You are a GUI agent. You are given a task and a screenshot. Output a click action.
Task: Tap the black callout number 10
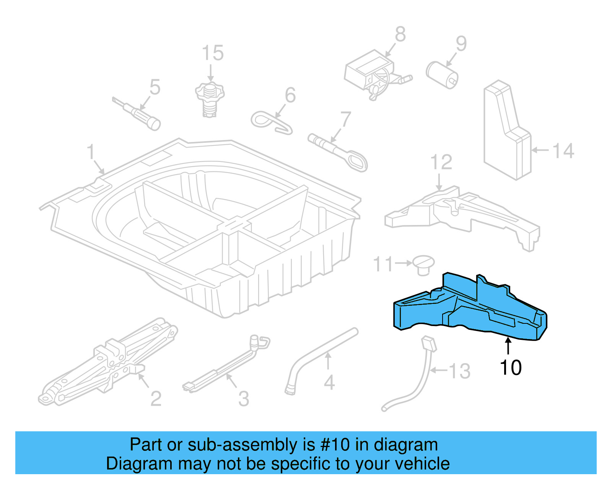[x=510, y=367]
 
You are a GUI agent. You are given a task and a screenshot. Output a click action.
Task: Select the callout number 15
[x=212, y=53]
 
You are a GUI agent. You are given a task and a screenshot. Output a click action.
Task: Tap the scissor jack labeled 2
[x=107, y=364]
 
